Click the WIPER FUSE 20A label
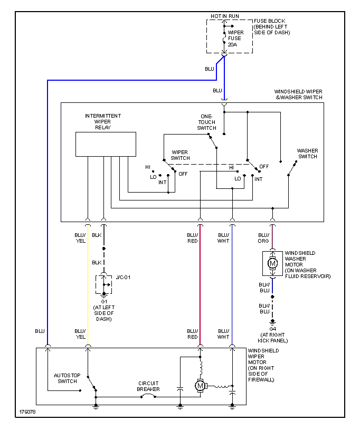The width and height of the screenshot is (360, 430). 235,39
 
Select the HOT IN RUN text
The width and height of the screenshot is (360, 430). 225,16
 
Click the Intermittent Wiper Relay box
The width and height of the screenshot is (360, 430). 106,144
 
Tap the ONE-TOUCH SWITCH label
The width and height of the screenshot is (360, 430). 206,122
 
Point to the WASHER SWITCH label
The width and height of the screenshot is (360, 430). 307,154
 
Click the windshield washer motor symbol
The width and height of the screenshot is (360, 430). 273,263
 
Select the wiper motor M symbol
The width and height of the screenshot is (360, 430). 200,386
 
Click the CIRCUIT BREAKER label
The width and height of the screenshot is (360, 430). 149,386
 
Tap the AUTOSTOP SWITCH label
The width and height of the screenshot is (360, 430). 65,378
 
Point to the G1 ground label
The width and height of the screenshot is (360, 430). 104,301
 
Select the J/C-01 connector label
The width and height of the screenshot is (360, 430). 122,277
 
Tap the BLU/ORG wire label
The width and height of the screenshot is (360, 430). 263,238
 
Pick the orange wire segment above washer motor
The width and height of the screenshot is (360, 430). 273,237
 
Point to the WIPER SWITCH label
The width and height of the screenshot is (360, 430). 180,155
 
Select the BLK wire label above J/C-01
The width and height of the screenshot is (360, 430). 97,262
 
